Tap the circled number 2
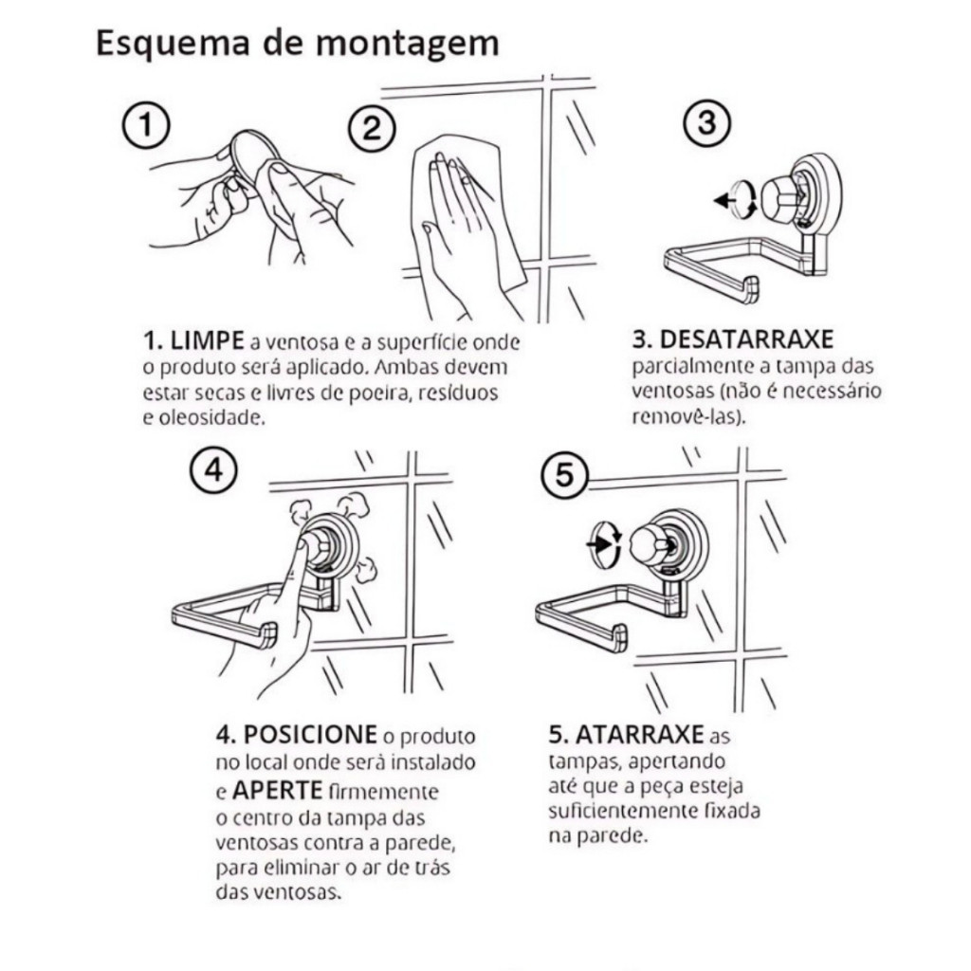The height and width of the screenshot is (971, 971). [x=371, y=129]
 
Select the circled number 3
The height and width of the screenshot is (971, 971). [x=706, y=122]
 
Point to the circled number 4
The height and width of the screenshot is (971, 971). [x=213, y=471]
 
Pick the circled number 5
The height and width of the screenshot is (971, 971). [x=565, y=476]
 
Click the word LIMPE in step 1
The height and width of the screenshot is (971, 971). [x=207, y=341]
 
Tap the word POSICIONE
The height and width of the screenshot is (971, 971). [x=310, y=735]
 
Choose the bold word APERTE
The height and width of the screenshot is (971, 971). [x=278, y=790]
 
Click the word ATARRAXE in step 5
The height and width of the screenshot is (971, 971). [x=640, y=735]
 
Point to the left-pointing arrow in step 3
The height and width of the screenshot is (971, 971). [x=725, y=200]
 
